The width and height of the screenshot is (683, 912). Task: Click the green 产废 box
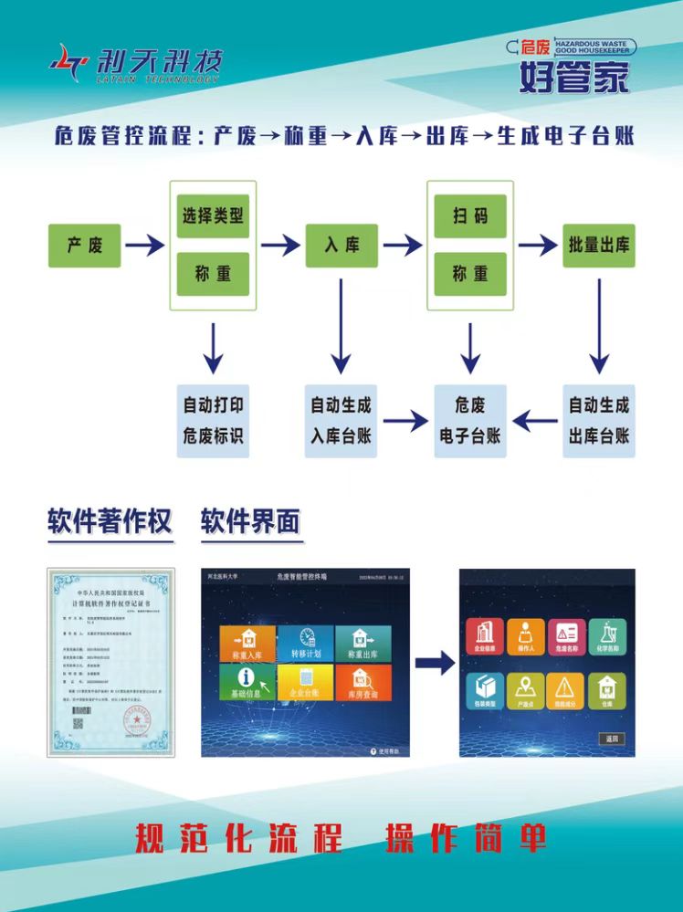point(84,245)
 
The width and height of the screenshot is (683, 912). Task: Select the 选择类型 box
point(213,215)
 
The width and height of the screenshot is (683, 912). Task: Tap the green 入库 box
point(341,245)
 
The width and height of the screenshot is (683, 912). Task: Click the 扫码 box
point(469,215)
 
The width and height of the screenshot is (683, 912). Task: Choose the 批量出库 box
point(599,245)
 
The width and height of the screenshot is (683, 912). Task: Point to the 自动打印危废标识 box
point(213,420)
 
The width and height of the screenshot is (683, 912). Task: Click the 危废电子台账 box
point(469,420)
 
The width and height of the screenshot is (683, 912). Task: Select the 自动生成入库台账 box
point(341,420)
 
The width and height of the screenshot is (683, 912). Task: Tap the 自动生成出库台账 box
point(599,420)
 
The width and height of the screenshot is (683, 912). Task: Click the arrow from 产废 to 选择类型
point(144,245)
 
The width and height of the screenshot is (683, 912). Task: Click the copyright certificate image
point(110,662)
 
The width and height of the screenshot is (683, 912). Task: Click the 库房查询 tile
point(363,683)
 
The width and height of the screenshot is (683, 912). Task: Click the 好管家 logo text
point(574,78)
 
